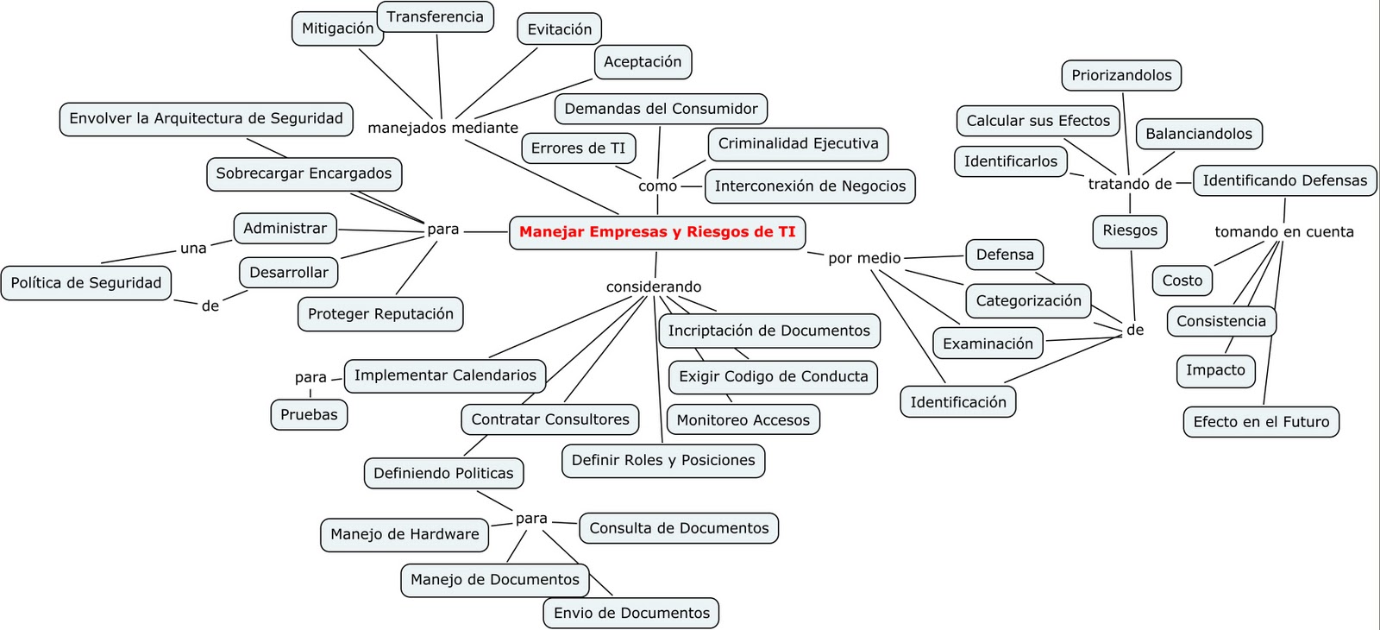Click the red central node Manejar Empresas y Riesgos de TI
657,232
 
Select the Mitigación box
336,28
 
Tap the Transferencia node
435,16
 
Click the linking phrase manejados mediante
442,128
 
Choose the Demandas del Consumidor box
661,109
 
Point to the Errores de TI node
578,148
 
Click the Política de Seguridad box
85,283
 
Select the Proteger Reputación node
380,314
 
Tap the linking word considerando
654,287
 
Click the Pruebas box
309,414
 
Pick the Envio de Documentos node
631,613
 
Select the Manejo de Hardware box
405,534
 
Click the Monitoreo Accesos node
743,420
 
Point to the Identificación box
957,402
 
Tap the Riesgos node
1130,230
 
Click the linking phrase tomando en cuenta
1283,231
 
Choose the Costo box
1182,280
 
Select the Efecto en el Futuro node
1261,422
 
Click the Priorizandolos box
1121,75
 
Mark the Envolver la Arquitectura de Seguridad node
206,118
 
